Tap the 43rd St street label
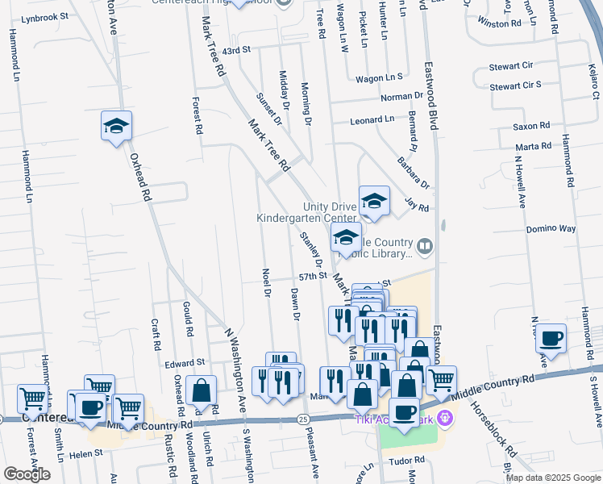[x=236, y=50]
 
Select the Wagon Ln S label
[x=379, y=78]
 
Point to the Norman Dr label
[x=396, y=98]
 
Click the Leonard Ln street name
[x=372, y=119]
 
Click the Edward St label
[x=185, y=363]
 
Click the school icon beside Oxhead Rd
[x=116, y=127]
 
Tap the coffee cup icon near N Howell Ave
[x=551, y=338]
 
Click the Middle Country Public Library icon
[x=425, y=244]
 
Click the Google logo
[x=27, y=474]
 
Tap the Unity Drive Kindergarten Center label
[x=306, y=212]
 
